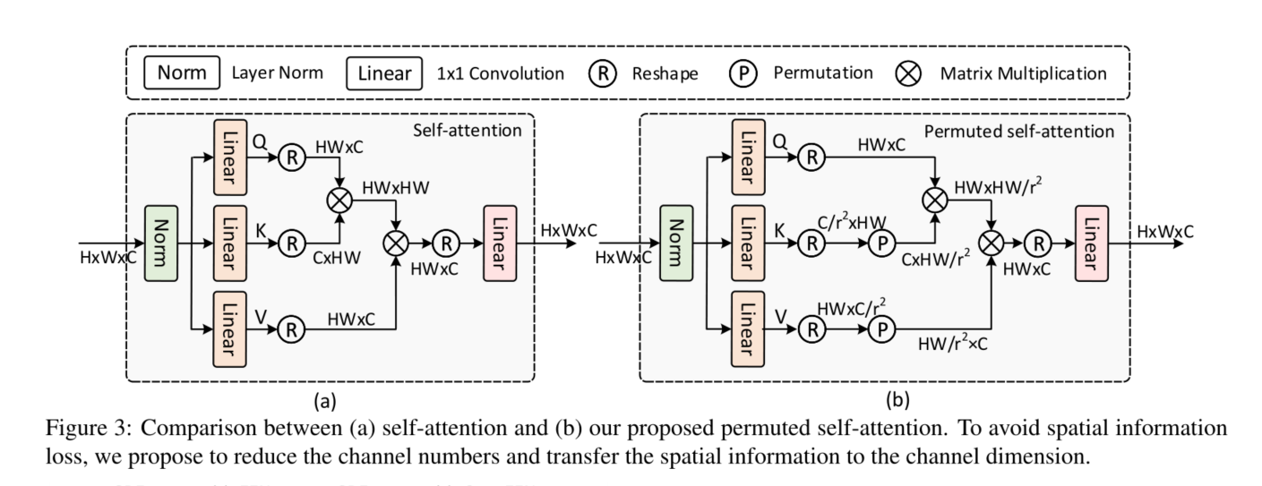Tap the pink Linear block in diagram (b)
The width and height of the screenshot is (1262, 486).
1089,242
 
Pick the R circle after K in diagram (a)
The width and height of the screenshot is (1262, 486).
291,242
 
